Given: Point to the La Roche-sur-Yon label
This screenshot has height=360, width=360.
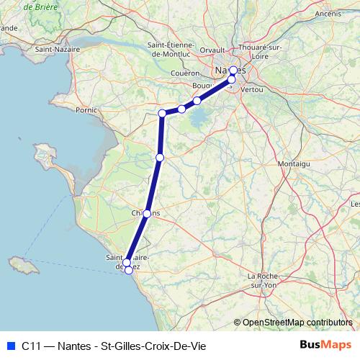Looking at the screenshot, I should [262, 280].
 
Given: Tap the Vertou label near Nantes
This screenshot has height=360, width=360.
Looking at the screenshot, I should [253, 89].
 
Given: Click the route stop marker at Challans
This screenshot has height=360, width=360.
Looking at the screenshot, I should [147, 214].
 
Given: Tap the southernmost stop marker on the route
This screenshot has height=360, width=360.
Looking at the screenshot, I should [129, 270].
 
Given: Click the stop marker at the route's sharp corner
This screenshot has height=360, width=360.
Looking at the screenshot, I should [163, 113].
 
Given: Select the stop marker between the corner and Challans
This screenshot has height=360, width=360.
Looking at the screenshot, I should [160, 157].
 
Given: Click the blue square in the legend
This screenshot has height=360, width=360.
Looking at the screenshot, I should [10, 345].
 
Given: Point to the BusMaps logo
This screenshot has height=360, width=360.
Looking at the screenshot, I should [326, 344].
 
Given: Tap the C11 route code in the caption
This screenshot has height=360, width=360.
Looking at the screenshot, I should [31, 345].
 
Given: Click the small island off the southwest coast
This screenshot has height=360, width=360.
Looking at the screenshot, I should [24, 266].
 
